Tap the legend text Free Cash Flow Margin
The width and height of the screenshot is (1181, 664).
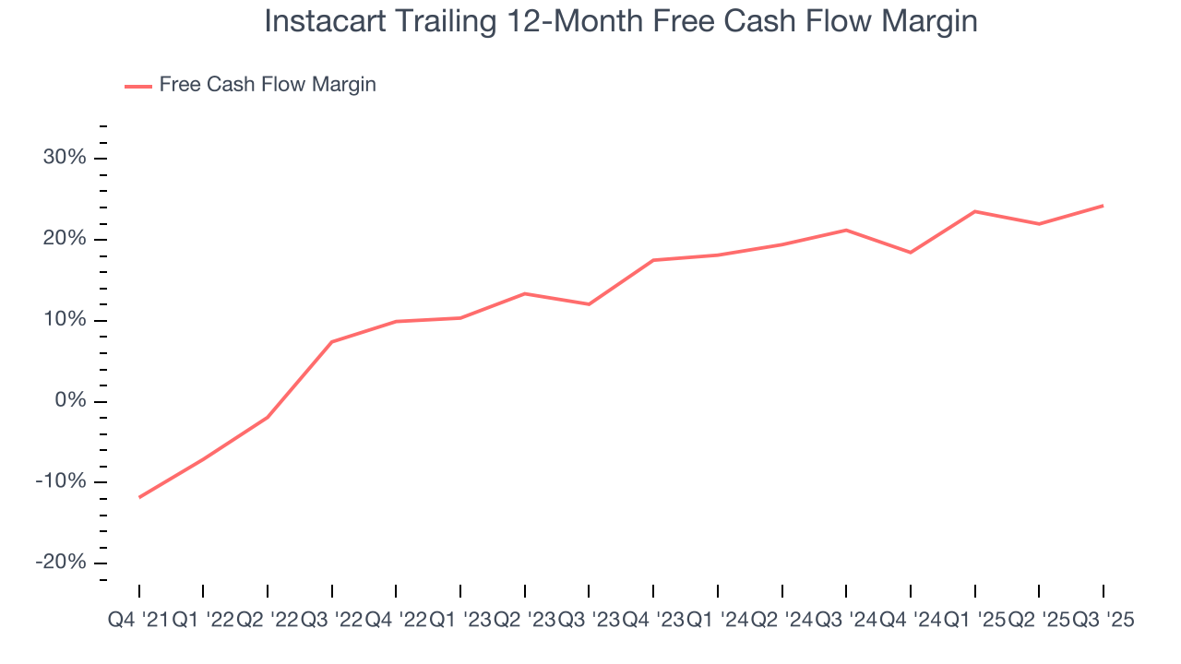(x=268, y=85)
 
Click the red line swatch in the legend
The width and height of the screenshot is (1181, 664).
(x=138, y=86)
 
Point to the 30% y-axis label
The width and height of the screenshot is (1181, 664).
(x=65, y=158)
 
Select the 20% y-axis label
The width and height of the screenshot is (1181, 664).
(x=65, y=239)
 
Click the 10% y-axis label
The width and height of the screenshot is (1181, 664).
(x=65, y=320)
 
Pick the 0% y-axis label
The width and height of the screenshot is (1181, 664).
(x=69, y=401)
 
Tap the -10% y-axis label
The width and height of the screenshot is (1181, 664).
(x=61, y=482)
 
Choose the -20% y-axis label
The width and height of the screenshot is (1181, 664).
(x=61, y=563)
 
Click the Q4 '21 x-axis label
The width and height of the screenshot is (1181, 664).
(x=138, y=621)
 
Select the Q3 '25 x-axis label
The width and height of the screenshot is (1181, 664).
(x=1103, y=621)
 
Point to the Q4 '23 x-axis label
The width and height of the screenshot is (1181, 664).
(x=653, y=621)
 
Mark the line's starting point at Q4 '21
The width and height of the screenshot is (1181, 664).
(x=139, y=497)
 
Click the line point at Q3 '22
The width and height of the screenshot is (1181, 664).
(x=332, y=342)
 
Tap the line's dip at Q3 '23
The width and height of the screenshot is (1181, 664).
(x=589, y=304)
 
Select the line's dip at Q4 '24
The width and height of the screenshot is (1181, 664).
(x=911, y=253)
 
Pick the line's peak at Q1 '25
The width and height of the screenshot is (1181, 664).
(x=975, y=211)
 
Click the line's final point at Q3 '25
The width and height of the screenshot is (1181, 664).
(x=1103, y=206)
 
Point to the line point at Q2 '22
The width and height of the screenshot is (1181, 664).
(x=268, y=418)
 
